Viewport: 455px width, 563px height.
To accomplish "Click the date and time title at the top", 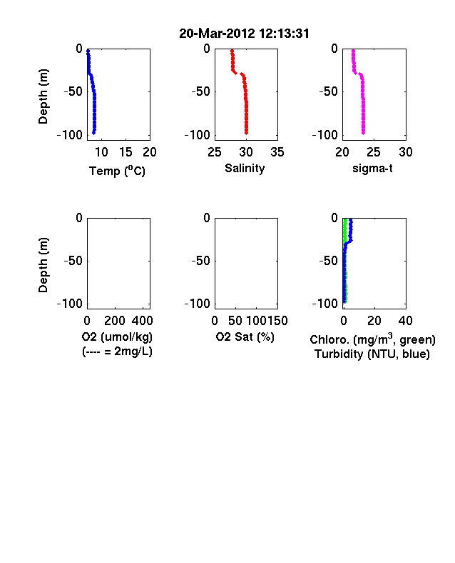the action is click(x=244, y=34).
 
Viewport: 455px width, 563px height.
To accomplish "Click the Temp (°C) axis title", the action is click(x=117, y=171).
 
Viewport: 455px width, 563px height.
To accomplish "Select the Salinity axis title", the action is click(x=245, y=169).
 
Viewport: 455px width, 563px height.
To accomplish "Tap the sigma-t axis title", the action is click(x=372, y=168).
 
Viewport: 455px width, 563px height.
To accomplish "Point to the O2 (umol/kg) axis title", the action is click(x=117, y=337).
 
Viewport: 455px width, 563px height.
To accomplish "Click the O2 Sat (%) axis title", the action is click(x=245, y=337).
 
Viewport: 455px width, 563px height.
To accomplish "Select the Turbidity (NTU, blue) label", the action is click(x=372, y=354).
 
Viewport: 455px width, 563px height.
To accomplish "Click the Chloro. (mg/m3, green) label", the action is click(x=372, y=339).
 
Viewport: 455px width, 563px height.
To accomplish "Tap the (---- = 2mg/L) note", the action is click(x=117, y=351).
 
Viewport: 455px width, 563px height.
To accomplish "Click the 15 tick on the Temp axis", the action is click(x=126, y=152).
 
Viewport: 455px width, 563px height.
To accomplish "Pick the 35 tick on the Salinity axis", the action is click(x=277, y=152).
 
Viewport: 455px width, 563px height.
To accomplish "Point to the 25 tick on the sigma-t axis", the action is click(x=373, y=152).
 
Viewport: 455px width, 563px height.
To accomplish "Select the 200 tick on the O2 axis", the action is click(x=115, y=321).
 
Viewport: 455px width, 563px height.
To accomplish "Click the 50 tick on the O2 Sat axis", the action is click(x=235, y=321).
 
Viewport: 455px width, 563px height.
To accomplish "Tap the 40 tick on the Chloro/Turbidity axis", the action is click(x=405, y=321).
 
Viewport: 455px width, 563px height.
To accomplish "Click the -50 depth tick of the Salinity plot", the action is click(x=201, y=91).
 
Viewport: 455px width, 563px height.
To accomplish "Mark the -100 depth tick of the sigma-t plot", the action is click(x=325, y=135).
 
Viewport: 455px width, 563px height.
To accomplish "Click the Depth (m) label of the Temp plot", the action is click(x=43, y=96).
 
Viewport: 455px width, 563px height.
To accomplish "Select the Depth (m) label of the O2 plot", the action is click(x=43, y=265).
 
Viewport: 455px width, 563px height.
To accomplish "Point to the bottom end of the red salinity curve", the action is click(x=247, y=134).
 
